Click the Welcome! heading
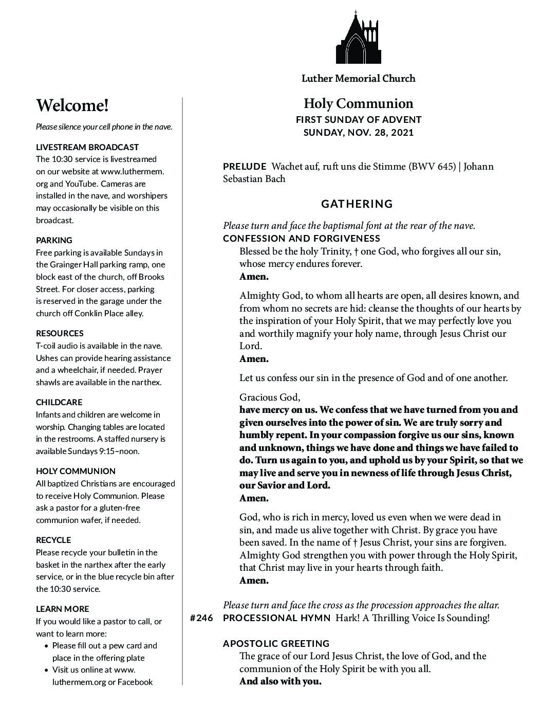[x=72, y=106]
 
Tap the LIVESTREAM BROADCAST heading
[x=87, y=147]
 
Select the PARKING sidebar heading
[x=54, y=240]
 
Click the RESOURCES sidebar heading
[x=60, y=333]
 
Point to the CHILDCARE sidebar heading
[x=59, y=402]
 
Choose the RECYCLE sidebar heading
[x=53, y=540]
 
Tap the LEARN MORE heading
[x=62, y=609]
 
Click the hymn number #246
[x=201, y=618]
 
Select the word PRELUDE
[x=245, y=167]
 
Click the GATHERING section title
[x=357, y=204]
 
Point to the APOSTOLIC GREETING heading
[x=276, y=644]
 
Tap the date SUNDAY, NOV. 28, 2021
[x=358, y=133]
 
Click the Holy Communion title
[x=358, y=104]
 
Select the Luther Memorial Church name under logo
[x=358, y=79]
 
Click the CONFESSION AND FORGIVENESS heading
[x=302, y=239]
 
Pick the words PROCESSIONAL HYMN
[x=277, y=618]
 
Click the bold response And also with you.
[x=280, y=682]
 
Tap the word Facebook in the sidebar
[x=135, y=682]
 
